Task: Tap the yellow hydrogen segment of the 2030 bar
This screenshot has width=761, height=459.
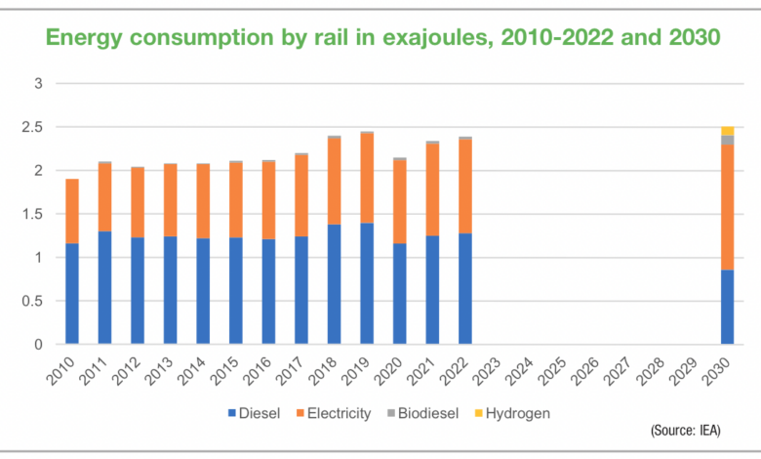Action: pos(727,131)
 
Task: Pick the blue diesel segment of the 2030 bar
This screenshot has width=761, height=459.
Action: pos(727,307)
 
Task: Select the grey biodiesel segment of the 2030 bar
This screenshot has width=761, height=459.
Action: pos(727,140)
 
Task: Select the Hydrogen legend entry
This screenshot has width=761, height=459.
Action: pos(512,413)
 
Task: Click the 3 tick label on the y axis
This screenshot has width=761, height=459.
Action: pos(38,84)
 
